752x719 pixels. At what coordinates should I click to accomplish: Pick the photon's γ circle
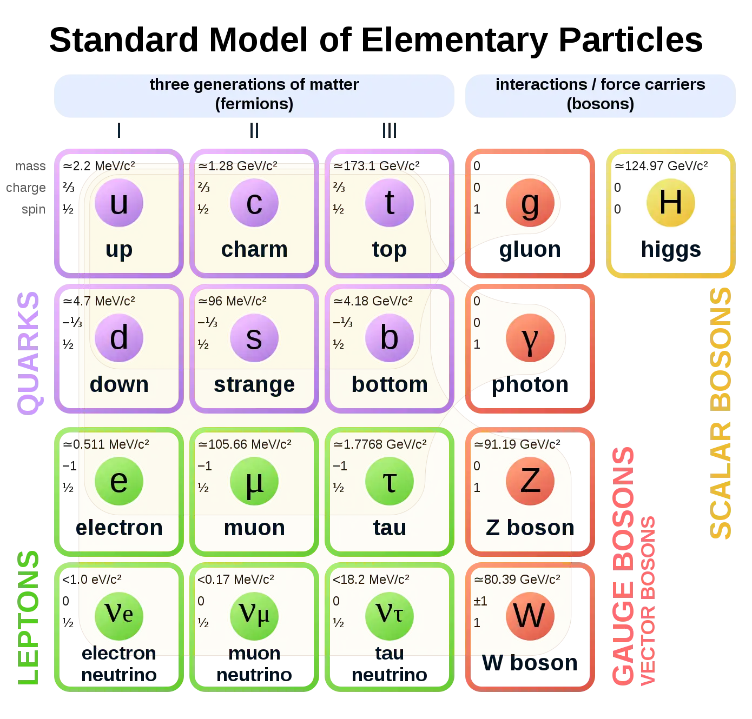click(x=530, y=338)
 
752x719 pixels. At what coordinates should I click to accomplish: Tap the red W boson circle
click(x=530, y=615)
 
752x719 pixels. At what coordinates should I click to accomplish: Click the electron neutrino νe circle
click(x=119, y=615)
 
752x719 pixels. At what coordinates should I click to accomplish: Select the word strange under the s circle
click(x=254, y=384)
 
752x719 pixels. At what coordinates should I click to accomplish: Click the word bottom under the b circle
click(x=390, y=384)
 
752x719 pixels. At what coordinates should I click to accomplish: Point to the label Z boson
click(x=530, y=528)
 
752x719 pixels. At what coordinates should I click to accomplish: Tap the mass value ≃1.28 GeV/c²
click(x=238, y=166)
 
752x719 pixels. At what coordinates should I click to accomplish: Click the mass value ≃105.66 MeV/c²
click(x=245, y=444)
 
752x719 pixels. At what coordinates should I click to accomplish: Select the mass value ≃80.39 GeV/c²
click(x=517, y=580)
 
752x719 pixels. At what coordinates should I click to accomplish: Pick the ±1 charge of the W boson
click(x=480, y=601)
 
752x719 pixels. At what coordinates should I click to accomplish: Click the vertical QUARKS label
click(x=29, y=353)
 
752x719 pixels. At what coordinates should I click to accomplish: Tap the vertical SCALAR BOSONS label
click(x=721, y=413)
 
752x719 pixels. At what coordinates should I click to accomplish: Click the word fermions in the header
click(x=254, y=104)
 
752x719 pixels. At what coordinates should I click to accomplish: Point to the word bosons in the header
click(x=600, y=104)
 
